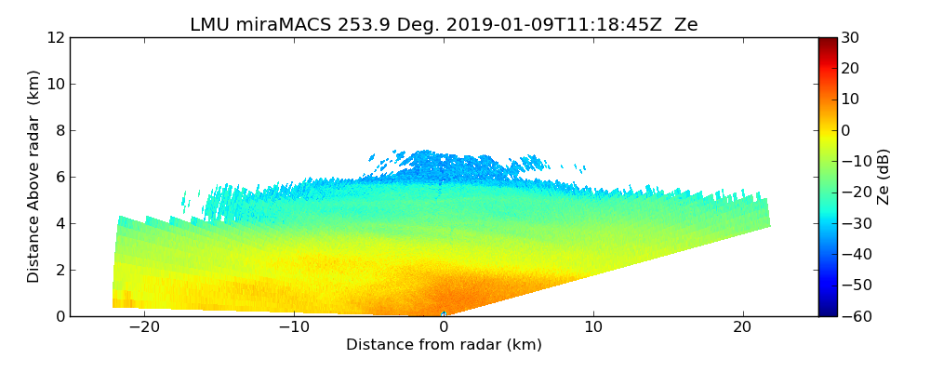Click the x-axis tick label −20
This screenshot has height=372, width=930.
click(144, 328)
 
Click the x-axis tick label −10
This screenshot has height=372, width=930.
click(294, 328)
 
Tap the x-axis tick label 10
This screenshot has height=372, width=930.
click(593, 328)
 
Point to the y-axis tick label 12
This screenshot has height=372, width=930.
click(56, 37)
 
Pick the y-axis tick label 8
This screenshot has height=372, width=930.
click(60, 130)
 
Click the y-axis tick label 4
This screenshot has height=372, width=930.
click(60, 223)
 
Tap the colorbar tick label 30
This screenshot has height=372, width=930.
click(851, 37)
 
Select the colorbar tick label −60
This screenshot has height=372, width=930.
click(856, 316)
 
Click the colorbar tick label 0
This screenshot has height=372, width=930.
click(846, 130)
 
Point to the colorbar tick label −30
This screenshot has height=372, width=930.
click(856, 223)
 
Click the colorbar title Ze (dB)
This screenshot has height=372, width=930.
click(883, 177)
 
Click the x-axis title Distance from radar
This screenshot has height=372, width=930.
click(444, 345)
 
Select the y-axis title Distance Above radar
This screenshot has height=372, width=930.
click(34, 177)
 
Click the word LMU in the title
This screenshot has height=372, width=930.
click(209, 25)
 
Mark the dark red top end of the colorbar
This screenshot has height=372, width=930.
click(828, 41)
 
